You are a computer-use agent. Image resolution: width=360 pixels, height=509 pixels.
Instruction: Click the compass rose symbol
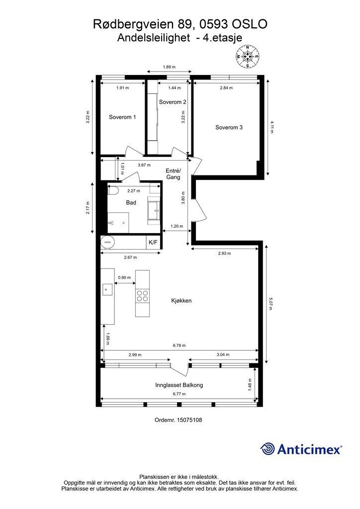(x=248, y=57)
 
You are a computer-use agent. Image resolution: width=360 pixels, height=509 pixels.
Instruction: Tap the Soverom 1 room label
(x=122, y=117)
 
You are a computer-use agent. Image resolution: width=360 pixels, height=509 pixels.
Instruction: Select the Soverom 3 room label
(x=229, y=128)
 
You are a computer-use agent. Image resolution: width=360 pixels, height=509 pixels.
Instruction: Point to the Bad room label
(x=131, y=203)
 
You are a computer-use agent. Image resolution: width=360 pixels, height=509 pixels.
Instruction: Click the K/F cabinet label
(x=153, y=243)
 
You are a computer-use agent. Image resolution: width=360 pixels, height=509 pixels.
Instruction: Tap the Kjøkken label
(x=181, y=301)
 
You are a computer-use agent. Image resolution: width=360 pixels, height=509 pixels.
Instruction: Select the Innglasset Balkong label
(x=179, y=385)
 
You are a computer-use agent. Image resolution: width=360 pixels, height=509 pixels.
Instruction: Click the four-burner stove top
(x=143, y=296)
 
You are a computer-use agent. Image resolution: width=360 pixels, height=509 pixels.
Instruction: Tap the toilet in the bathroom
(x=113, y=190)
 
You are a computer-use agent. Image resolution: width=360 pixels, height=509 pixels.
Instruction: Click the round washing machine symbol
(x=107, y=242)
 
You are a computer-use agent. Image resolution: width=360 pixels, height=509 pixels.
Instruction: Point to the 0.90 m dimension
(x=124, y=278)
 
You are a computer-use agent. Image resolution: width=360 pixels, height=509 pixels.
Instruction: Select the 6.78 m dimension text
(x=179, y=346)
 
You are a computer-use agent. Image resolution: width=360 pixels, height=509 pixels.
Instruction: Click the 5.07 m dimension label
(x=270, y=304)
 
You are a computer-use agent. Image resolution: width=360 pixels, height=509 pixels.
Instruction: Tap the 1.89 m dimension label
(x=169, y=67)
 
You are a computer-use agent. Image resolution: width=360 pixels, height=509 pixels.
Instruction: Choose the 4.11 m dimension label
(x=271, y=127)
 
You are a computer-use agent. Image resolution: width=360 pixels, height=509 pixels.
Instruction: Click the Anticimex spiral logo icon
(x=268, y=449)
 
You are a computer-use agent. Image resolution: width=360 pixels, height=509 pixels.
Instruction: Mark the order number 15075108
(x=189, y=420)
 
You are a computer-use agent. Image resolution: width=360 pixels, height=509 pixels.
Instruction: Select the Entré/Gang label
(x=173, y=174)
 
